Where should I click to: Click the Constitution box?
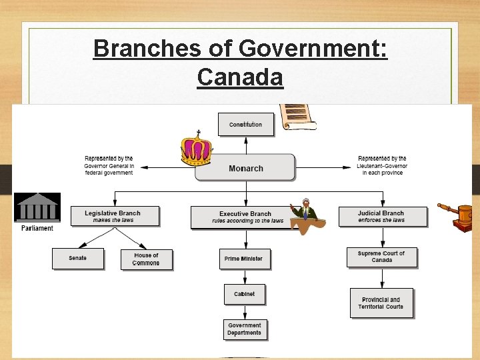(246, 125)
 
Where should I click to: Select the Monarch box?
(245, 168)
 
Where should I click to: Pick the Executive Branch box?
(244, 217)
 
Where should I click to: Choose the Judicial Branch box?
(381, 217)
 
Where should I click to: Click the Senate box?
(78, 258)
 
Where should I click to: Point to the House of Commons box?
(146, 259)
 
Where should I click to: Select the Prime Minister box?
(245, 259)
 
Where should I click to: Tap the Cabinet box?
(245, 294)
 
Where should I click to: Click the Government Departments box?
(245, 329)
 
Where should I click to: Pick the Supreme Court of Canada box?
(381, 257)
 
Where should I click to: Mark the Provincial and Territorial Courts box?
(381, 303)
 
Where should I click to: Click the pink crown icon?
(197, 149)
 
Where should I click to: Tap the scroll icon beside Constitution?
(296, 117)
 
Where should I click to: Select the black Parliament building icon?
(37, 207)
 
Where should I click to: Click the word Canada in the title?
(240, 77)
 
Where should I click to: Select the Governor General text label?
(109, 165)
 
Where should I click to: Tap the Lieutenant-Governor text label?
(383, 165)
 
